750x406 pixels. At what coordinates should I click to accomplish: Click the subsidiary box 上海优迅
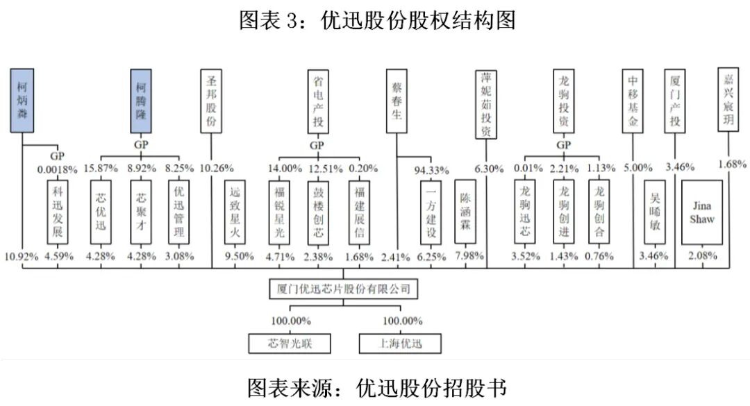[401, 343]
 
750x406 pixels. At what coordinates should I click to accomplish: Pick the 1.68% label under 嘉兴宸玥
[732, 164]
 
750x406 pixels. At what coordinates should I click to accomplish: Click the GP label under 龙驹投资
[563, 146]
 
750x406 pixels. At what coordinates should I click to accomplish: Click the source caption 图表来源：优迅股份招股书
[375, 386]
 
